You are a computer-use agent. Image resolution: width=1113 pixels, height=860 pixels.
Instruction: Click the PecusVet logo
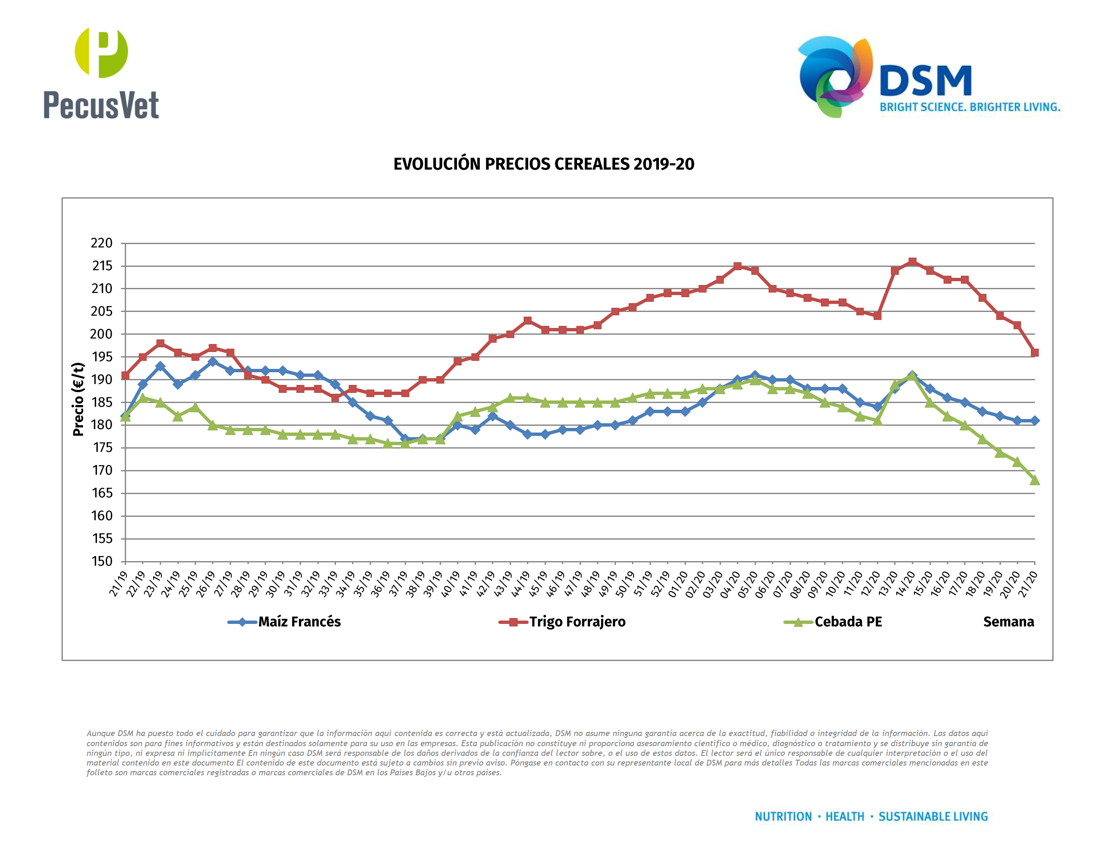pos(101,74)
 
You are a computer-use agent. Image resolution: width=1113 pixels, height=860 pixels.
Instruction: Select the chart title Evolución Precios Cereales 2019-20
pos(544,164)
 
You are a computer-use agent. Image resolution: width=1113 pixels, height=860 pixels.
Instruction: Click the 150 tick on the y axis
pos(102,561)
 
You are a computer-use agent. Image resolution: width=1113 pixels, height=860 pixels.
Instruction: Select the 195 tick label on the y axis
pos(102,357)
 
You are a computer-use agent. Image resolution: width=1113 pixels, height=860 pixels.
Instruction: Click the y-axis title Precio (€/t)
pos(78,399)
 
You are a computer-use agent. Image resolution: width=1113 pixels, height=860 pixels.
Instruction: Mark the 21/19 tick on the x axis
pos(118,583)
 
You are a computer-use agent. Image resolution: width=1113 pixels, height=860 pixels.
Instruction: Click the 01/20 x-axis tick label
pos(678,583)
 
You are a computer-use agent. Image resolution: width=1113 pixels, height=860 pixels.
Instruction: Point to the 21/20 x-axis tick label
pos(1027,583)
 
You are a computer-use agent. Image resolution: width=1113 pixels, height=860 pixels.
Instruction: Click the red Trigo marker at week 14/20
pos(912,261)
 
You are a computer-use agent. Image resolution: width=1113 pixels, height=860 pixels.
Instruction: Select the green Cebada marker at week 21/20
pos(1035,480)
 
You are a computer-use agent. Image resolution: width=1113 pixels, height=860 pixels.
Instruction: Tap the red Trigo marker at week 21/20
pos(1035,352)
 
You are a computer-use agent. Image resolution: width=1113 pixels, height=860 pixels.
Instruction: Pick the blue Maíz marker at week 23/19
pos(161,366)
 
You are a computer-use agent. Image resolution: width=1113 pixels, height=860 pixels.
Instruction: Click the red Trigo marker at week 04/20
pos(737,266)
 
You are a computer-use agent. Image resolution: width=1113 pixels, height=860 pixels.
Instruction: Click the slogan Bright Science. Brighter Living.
pos(969,107)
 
